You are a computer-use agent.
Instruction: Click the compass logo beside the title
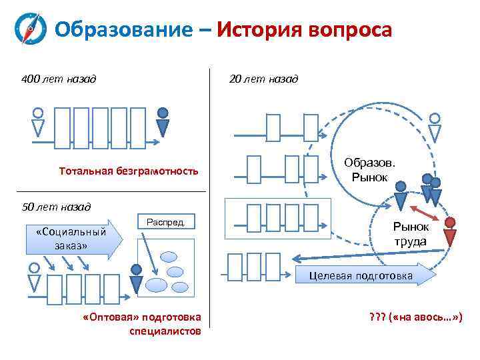[x=31, y=30]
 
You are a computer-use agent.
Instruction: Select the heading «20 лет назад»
[x=264, y=79]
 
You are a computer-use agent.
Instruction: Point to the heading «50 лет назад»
[x=56, y=206]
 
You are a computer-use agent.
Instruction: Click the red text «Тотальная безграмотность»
[x=128, y=171]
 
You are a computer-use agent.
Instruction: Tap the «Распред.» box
[x=165, y=221]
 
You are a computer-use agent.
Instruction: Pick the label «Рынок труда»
[x=409, y=233]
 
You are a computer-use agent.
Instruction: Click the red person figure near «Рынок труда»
[x=451, y=231]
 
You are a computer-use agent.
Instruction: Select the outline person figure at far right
[x=435, y=127]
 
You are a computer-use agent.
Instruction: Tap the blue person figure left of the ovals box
[x=136, y=278]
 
